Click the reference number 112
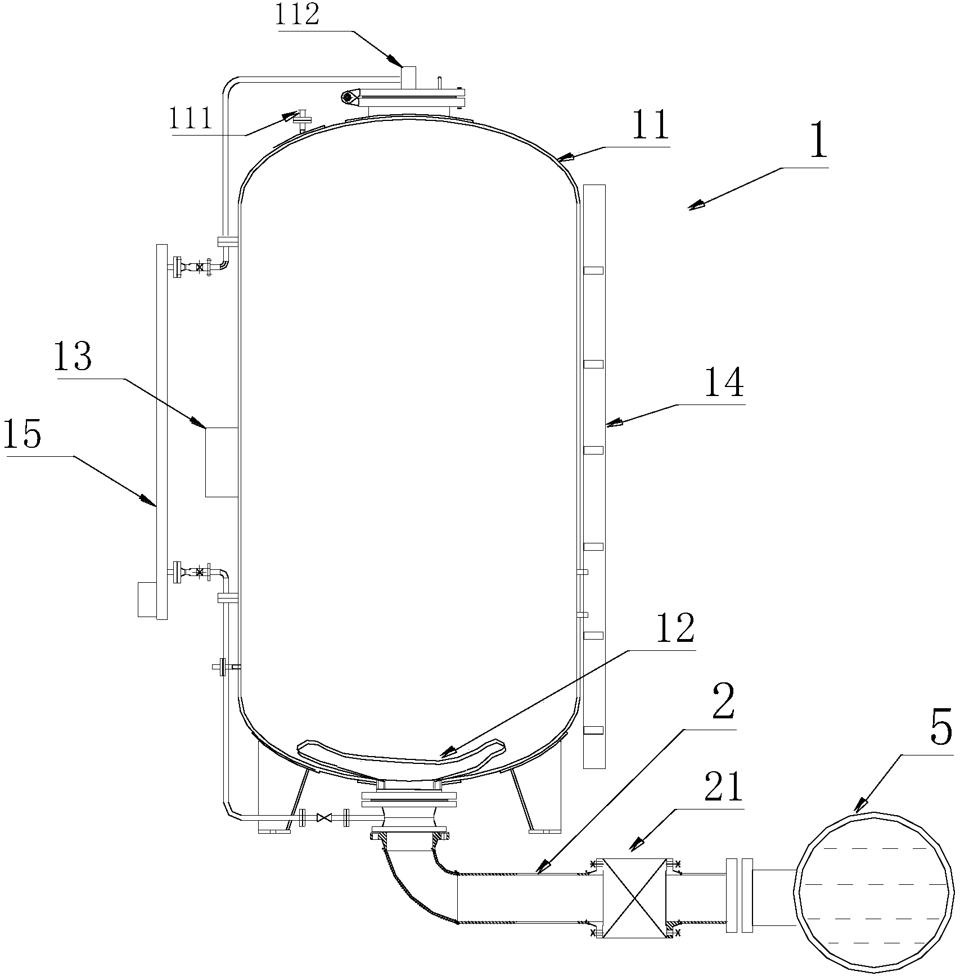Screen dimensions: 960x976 click(298, 16)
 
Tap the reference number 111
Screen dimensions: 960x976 click(191, 119)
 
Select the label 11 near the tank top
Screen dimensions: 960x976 click(650, 126)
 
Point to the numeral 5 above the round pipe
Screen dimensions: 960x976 click(941, 727)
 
